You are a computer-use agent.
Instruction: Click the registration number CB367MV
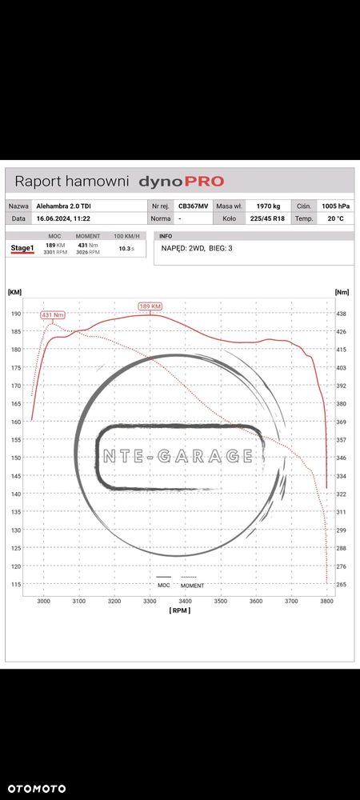click(x=193, y=206)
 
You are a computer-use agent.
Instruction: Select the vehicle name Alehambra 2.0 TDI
click(x=65, y=206)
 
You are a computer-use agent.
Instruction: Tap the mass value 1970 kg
click(x=268, y=206)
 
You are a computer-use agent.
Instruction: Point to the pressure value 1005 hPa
click(x=335, y=206)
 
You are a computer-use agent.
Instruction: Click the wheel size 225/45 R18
click(x=268, y=218)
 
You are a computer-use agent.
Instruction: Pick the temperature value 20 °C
click(x=335, y=218)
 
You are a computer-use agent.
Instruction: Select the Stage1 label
click(x=22, y=249)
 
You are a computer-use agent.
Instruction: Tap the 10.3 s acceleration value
click(x=126, y=249)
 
